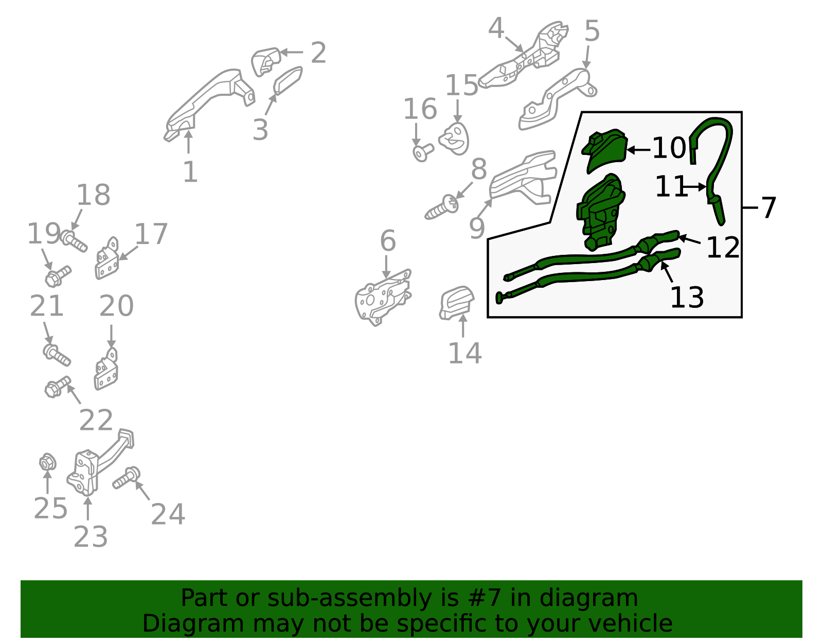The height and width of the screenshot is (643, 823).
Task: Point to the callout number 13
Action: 687,298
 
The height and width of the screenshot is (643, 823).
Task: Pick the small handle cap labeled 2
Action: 266,61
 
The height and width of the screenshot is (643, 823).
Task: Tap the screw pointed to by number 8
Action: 442,207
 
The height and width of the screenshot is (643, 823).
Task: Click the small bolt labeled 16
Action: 423,152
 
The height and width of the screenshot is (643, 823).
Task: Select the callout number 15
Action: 461,85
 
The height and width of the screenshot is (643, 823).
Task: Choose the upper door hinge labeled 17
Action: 106,258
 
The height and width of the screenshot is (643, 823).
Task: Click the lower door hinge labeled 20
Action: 105,369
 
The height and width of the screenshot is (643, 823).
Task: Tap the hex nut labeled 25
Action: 48,463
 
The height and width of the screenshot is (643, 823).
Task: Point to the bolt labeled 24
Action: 127,478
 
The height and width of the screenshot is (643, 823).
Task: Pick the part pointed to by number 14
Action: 456,303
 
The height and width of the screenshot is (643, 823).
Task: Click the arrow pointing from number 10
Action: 639,150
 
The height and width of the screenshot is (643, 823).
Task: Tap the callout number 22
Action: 96,420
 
